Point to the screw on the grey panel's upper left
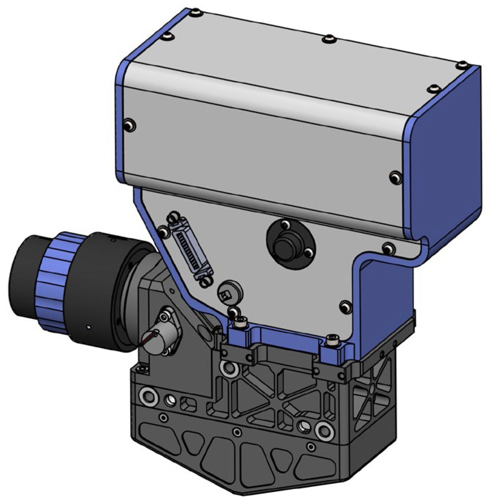tap(129, 126)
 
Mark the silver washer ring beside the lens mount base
tap(149, 396)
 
